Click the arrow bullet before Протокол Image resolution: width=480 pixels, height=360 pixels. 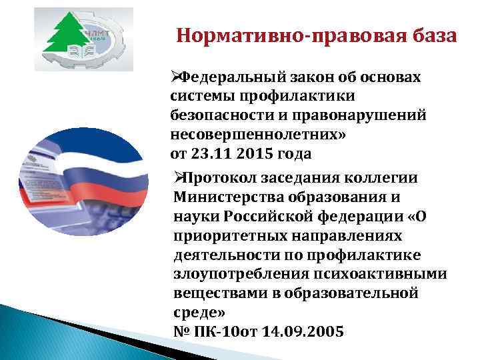click(176, 178)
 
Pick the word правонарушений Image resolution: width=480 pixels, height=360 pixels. click(357, 115)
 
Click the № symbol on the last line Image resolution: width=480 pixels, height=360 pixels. click(181, 331)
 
